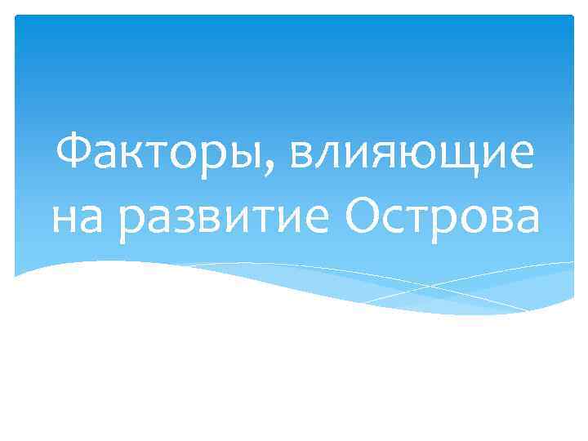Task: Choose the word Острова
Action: pos(441,219)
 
